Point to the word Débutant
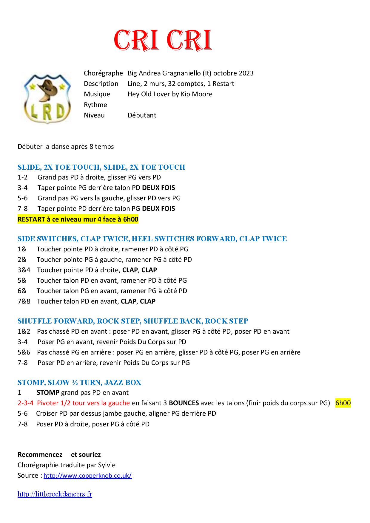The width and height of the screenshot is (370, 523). coord(142,115)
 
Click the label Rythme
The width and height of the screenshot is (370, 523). coord(95,105)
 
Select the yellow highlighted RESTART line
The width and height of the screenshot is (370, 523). coord(78,219)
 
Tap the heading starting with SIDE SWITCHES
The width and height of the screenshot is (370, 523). coord(152,239)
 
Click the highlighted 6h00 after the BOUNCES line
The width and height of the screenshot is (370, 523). coord(343,403)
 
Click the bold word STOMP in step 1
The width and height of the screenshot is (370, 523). coord(48,393)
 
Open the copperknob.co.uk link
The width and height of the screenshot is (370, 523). coord(87,476)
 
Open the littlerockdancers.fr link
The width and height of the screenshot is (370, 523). coord(55,494)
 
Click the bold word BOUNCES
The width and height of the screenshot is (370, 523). coord(184,403)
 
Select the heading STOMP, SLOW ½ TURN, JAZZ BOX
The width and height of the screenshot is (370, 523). coord(79,383)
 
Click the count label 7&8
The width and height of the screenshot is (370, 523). coord(24,301)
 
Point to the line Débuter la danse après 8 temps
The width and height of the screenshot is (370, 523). coord(66,147)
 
